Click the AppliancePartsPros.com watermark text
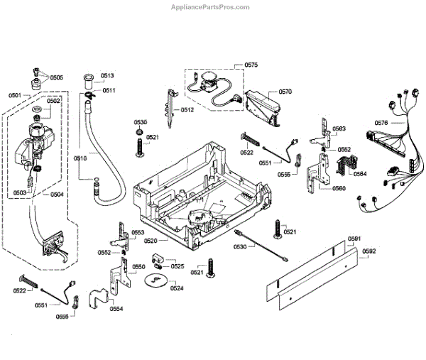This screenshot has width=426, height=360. pos(211,8)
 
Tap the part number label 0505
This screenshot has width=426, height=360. pos(56,77)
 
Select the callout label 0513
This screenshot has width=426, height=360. pos(107,75)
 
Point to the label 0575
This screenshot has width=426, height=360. pos(251,65)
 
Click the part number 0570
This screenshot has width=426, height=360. pos(285,92)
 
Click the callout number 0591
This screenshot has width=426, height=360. pos(354,239)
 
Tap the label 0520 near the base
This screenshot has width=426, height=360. pos(150,241)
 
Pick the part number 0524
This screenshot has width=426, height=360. pos(177,288)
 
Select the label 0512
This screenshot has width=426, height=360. pos(187,109)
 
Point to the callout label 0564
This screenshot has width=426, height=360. pos(360,174)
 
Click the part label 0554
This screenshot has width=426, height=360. pos(116,308)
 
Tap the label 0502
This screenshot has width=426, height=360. pos(54,101)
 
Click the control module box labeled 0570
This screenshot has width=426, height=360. pos(263,105)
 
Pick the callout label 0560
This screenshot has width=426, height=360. pos(339,188)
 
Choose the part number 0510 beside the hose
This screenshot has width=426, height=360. pos(80,158)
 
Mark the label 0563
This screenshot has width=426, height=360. pos(339,129)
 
